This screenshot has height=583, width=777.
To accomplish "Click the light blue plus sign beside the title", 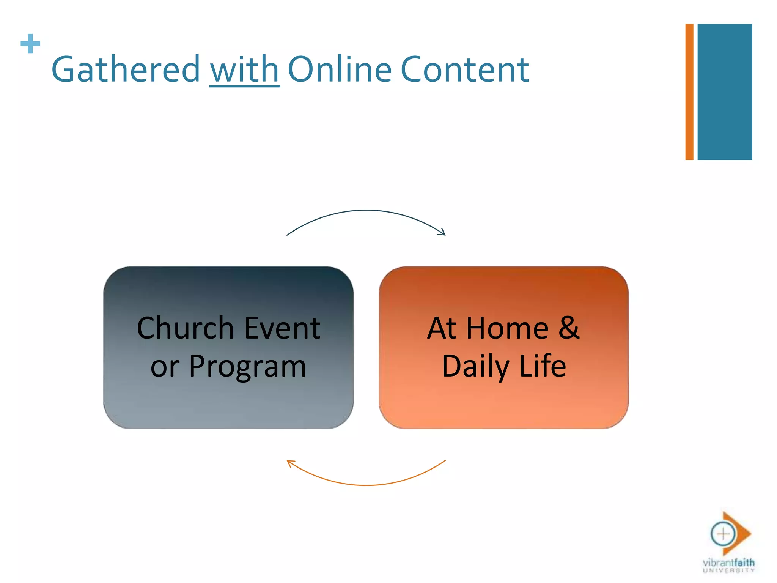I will pos(30,44).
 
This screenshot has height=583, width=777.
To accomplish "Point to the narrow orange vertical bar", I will pos(689,92).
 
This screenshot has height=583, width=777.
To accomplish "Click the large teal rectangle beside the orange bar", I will pos(724,92).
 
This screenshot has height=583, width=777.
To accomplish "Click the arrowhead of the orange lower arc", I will pos(290,463).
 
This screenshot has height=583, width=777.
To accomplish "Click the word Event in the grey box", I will pos(283,328).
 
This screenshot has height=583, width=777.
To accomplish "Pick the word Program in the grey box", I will pos(247,367).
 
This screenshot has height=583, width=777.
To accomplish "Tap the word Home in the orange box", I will pos(507,328).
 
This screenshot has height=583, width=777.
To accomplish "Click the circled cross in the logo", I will pos(723,534).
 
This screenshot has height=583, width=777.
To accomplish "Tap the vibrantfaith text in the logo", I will pos(728,562).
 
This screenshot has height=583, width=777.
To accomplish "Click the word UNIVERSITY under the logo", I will pos(728,570).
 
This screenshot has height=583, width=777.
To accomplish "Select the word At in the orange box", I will pos(441,328).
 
